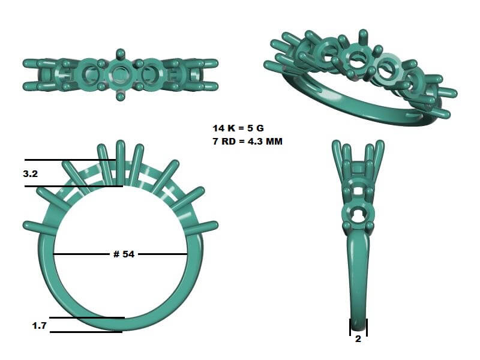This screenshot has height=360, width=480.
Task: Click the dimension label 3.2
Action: coord(31,174)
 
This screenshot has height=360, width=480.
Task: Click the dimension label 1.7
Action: coord(40,325)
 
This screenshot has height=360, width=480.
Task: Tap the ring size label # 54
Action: coord(124,254)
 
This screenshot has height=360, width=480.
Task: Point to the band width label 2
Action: coord(358,339)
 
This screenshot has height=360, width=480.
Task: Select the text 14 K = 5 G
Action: coord(238,128)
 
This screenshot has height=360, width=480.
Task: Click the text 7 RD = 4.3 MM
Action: coord(248,142)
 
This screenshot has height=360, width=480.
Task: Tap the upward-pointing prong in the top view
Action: coord(121,55)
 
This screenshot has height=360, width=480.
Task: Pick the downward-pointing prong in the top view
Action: coord(120,95)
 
